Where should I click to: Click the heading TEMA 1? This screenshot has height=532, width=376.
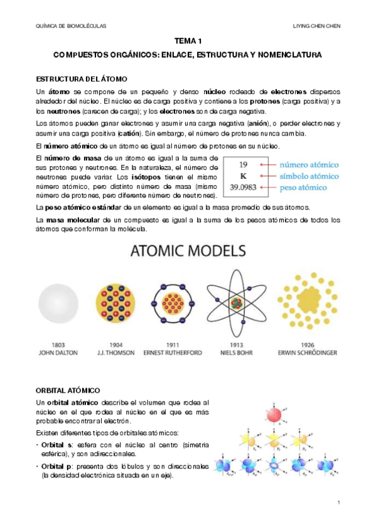click(188, 41)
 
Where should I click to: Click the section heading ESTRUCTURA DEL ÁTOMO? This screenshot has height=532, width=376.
click(82, 79)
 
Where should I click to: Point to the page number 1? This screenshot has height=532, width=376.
click(338, 503)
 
